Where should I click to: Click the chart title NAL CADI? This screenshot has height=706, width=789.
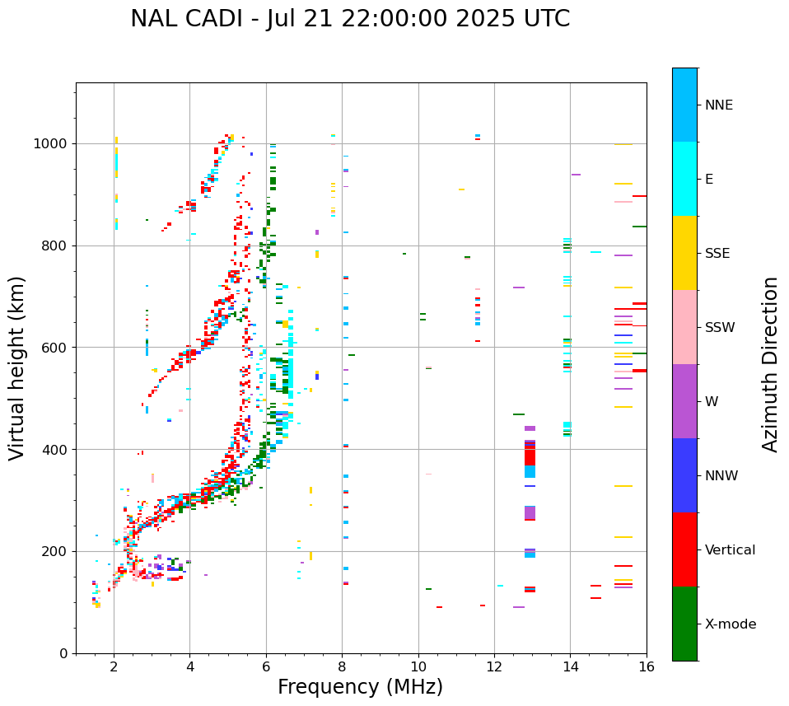[x=350, y=19]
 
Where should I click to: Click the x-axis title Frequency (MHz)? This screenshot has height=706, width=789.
[x=360, y=687]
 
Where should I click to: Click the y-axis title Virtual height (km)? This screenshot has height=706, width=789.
[x=17, y=367]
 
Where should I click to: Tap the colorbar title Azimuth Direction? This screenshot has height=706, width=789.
[x=770, y=363]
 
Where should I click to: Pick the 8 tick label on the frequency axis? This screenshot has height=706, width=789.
[x=342, y=666]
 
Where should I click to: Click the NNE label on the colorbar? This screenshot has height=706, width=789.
[x=718, y=105]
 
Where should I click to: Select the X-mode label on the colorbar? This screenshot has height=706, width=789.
[x=731, y=624]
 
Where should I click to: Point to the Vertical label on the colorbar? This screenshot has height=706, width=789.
[x=730, y=550]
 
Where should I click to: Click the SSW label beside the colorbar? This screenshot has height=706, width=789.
[x=720, y=328]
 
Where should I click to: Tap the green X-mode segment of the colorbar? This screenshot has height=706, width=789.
[x=684, y=624]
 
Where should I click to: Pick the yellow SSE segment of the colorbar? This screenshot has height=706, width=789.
[x=684, y=253]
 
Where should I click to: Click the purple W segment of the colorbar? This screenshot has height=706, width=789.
[x=684, y=401]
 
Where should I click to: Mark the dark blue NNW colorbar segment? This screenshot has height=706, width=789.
[x=684, y=475]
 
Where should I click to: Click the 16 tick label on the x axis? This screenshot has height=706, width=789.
[x=646, y=666]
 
